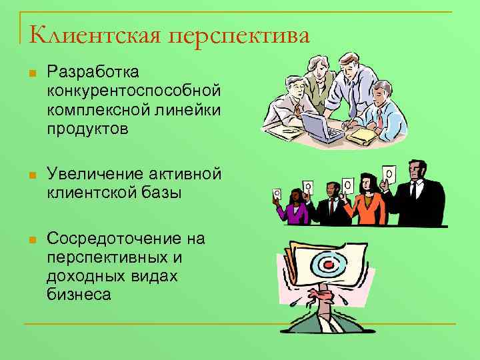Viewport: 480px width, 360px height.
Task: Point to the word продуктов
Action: pyautogui.click(x=87, y=128)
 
